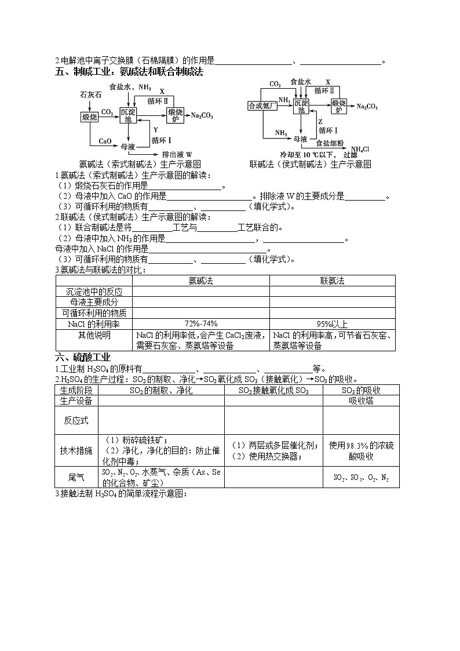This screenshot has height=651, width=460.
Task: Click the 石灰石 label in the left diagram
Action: [92, 94]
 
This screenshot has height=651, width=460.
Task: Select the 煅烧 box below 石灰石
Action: [89, 117]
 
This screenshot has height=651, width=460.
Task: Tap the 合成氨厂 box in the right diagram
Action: [260, 106]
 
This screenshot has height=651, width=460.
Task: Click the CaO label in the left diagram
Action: [104, 141]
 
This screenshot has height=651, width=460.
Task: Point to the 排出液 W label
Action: [176, 155]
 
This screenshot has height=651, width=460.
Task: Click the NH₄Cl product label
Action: [360, 149]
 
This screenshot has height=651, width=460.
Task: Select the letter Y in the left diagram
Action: [155, 130]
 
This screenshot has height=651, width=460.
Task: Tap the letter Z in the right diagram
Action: [320, 122]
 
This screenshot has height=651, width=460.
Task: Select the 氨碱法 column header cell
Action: [200, 281]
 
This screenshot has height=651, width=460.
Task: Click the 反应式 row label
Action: [76, 420]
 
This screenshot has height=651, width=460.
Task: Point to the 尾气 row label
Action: [76, 477]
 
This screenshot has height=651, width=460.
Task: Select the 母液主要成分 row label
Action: [93, 302]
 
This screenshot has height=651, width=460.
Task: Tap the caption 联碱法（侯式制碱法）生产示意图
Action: [310, 164]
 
